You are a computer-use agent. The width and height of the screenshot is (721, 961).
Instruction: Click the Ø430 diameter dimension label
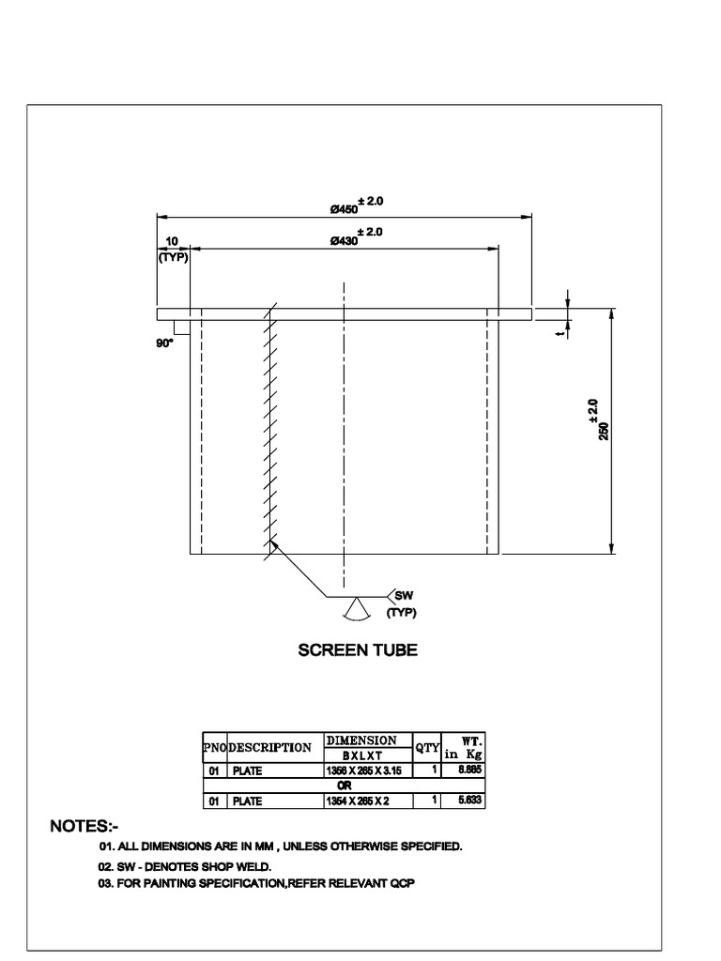click(344, 241)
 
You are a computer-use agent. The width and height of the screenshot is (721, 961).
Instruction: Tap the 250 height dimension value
click(604, 431)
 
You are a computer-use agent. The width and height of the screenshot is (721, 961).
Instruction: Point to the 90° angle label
click(165, 344)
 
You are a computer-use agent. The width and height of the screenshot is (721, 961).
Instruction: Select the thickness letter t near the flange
click(560, 331)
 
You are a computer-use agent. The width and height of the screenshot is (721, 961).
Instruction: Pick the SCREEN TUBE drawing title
click(358, 649)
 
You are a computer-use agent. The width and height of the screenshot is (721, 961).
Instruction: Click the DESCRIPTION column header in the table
click(270, 748)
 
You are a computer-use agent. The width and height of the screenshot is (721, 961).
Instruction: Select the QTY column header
click(428, 748)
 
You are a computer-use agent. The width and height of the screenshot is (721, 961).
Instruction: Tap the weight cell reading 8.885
click(469, 770)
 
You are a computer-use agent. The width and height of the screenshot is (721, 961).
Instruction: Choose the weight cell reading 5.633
click(469, 801)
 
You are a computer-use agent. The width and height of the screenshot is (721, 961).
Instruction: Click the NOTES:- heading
click(84, 827)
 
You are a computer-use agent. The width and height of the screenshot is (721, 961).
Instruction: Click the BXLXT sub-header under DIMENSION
click(360, 755)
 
